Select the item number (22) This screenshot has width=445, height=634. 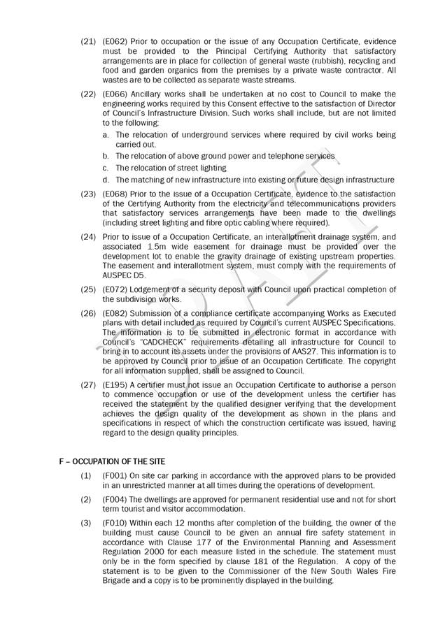click(x=89, y=94)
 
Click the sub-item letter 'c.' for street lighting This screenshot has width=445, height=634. click(x=106, y=168)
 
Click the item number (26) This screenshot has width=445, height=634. click(x=89, y=312)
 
